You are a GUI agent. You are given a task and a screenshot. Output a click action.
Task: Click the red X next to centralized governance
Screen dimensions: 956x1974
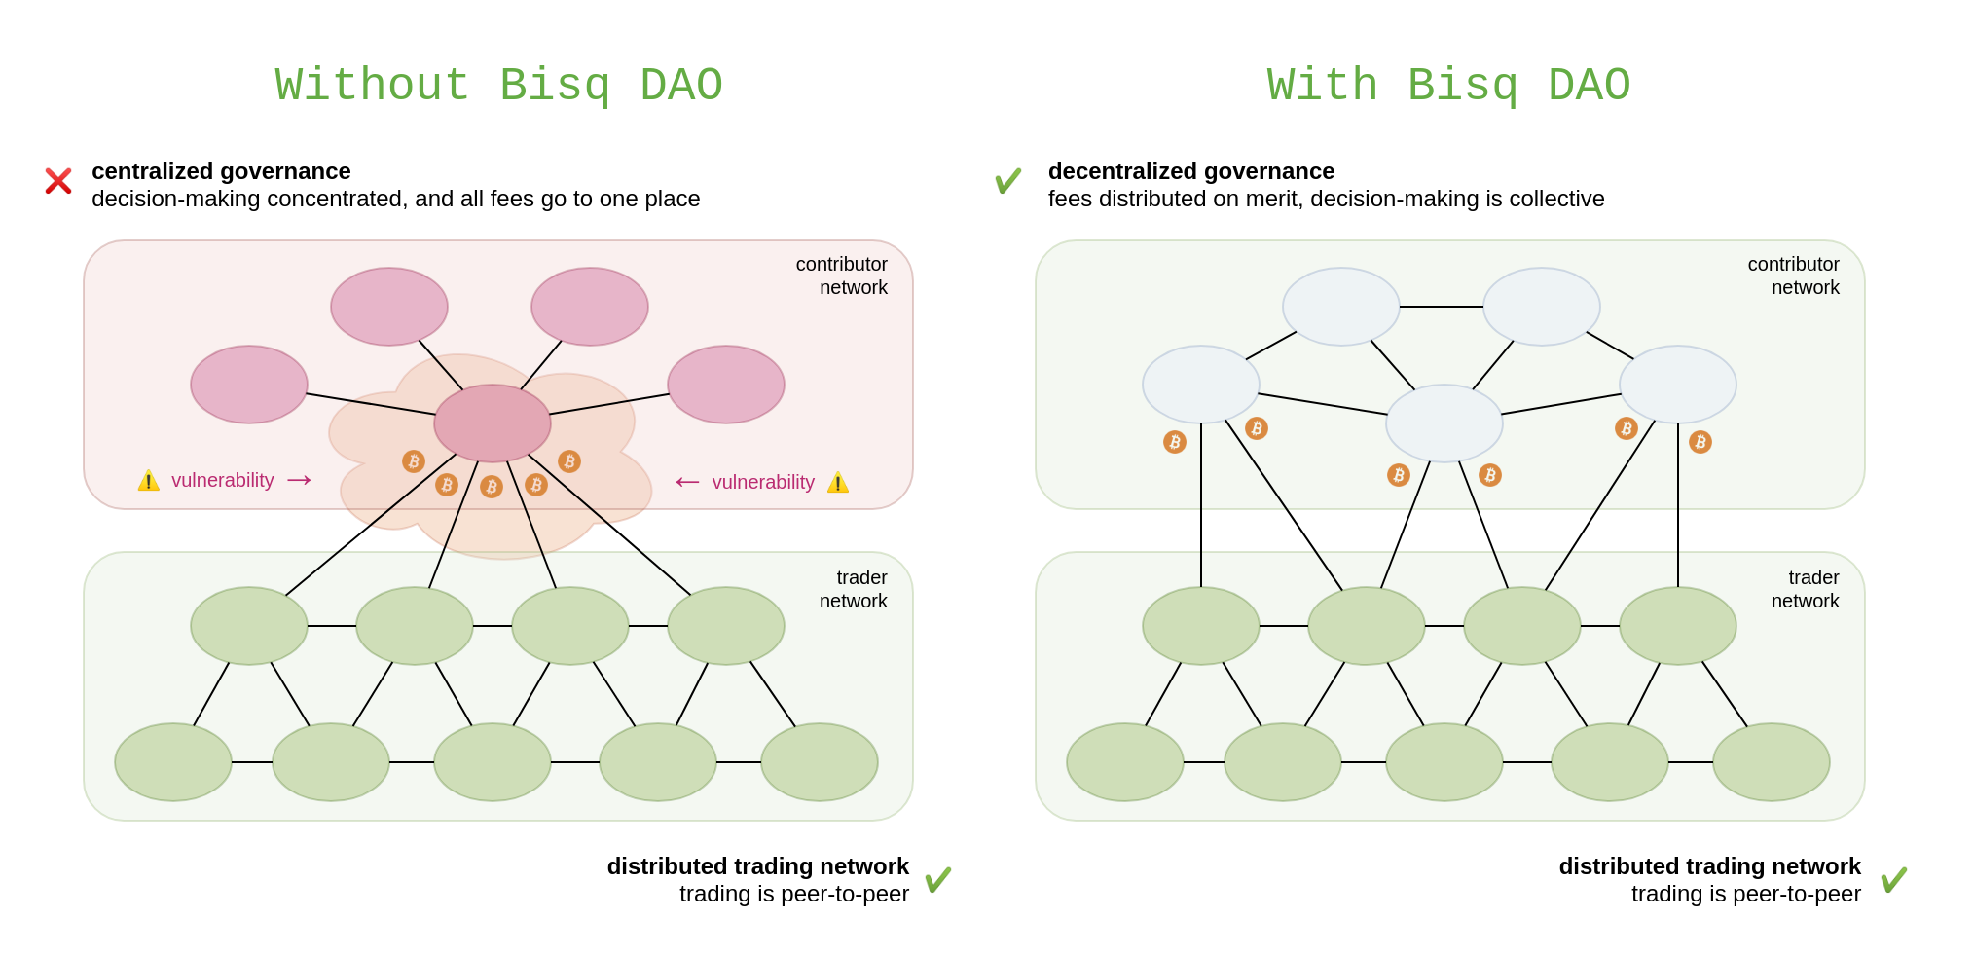(x=58, y=181)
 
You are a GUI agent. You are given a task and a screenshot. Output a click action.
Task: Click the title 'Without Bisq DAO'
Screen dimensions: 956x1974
(x=498, y=86)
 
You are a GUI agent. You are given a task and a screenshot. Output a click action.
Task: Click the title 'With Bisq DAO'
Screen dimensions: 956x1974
(x=1448, y=86)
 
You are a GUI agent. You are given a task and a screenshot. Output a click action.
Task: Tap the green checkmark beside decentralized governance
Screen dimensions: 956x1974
(x=1007, y=181)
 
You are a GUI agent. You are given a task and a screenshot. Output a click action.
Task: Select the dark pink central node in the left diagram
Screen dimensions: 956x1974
(x=493, y=423)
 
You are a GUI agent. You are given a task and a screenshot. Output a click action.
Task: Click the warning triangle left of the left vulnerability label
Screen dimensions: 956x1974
(x=148, y=481)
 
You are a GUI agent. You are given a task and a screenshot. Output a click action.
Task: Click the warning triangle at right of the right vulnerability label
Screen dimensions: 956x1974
(x=838, y=483)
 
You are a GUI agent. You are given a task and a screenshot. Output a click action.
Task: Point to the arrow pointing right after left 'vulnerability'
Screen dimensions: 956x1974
(x=299, y=480)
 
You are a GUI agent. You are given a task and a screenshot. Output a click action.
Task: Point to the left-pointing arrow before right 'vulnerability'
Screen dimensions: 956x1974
(x=687, y=482)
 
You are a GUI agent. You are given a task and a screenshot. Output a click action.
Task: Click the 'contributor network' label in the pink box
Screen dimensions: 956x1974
(x=842, y=276)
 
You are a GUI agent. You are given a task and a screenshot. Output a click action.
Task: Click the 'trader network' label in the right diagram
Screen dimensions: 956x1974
(x=1806, y=589)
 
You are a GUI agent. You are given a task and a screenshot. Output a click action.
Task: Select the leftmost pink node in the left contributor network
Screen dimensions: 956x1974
(x=249, y=385)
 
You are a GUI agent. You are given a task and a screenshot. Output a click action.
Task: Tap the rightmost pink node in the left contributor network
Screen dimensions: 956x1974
(x=726, y=385)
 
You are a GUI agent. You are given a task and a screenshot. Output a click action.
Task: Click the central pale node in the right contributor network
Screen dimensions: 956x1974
(x=1444, y=423)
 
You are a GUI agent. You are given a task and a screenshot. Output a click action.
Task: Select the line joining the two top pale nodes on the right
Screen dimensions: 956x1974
(x=1442, y=307)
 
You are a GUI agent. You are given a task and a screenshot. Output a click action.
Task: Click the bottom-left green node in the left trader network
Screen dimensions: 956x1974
(x=173, y=762)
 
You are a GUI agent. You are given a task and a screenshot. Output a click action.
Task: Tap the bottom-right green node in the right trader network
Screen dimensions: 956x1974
(x=1772, y=762)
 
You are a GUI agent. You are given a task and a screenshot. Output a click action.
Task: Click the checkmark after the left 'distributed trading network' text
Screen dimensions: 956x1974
(x=937, y=880)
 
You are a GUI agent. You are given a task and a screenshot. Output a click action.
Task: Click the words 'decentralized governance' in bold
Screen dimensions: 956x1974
(x=1191, y=171)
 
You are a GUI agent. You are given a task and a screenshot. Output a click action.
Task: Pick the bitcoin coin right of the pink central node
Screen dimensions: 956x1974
(x=569, y=461)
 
